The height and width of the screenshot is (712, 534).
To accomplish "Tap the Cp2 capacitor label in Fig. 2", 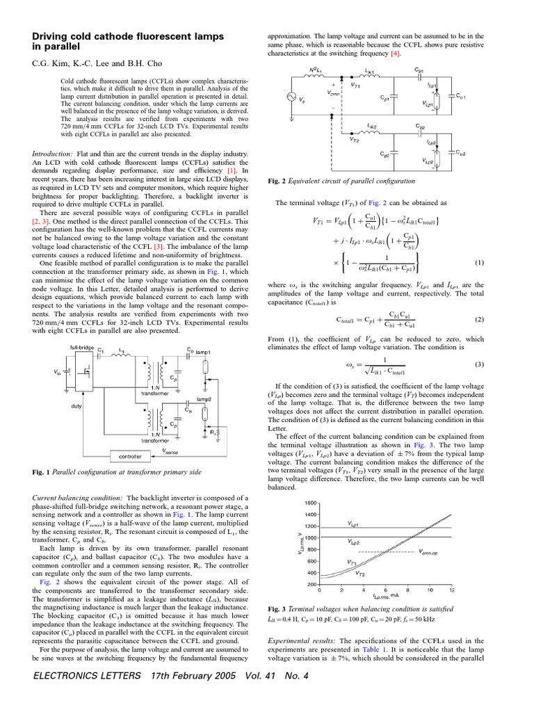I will [385, 154].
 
